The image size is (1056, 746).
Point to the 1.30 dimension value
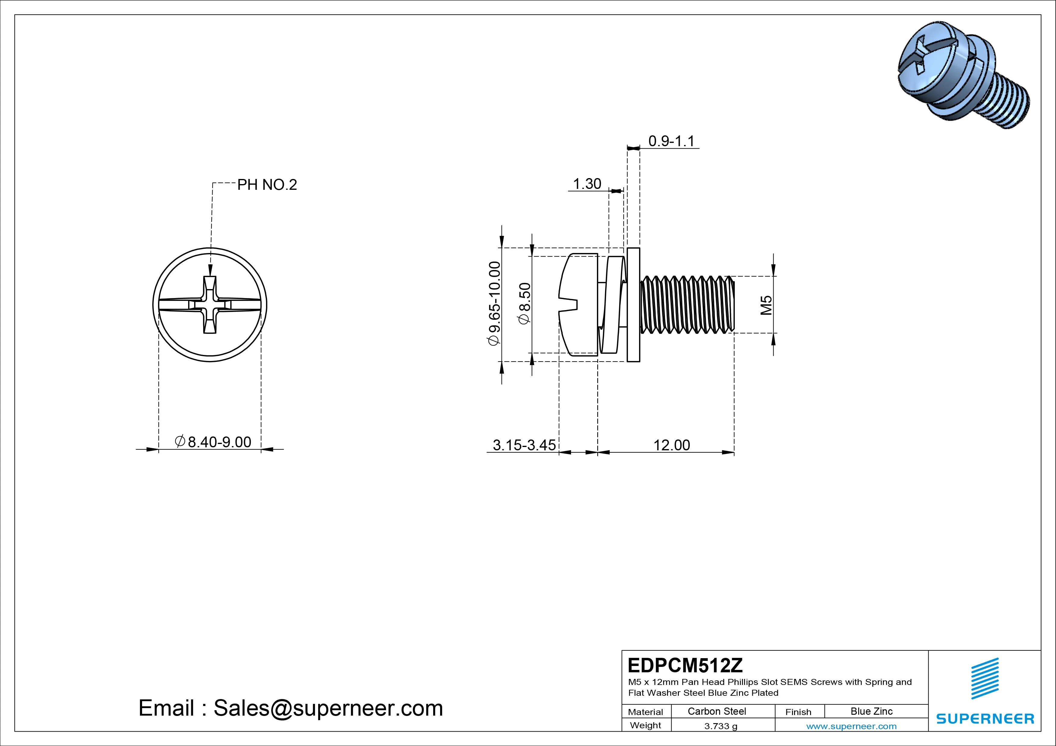coord(587,184)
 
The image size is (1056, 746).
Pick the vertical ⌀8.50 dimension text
coord(525,304)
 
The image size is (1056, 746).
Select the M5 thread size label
coord(766,305)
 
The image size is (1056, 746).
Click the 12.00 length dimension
coord(672,445)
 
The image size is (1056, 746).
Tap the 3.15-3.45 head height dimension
coord(524,445)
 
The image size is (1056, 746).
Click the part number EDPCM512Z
coord(685,665)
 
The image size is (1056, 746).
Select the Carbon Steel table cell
coord(716,711)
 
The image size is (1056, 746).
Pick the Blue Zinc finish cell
coord(871,711)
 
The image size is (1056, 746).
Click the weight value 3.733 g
coord(721,726)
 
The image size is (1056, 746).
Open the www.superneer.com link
coord(851,726)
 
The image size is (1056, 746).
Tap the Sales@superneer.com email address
coord(328,708)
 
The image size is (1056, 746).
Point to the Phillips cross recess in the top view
coord(210,305)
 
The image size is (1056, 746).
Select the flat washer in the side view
coord(633,305)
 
